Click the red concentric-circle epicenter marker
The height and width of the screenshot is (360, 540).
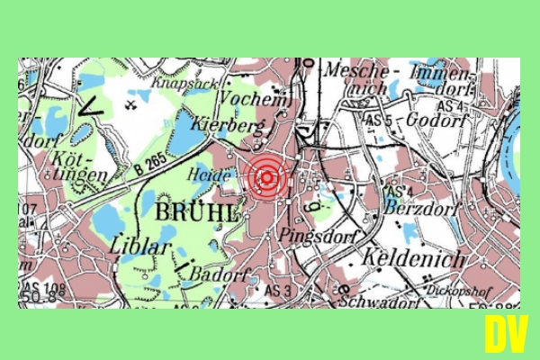click(x=266, y=177)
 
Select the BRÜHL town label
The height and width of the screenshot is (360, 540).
click(x=197, y=212)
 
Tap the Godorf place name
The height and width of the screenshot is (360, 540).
click(x=434, y=120)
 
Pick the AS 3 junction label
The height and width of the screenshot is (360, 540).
click(x=277, y=290)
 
